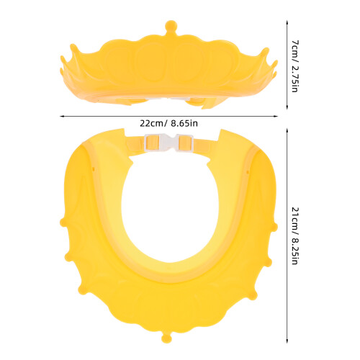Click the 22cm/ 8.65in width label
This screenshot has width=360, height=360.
[x=168, y=124]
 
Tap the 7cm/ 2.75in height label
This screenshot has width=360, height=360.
[x=294, y=66]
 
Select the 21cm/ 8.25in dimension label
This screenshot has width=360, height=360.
[x=294, y=235]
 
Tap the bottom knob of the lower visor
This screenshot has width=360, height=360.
[x=167, y=337]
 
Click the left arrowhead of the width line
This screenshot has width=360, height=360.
[x=62, y=117]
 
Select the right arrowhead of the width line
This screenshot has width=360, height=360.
[x=275, y=117]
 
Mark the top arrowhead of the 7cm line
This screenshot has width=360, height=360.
[x=287, y=23]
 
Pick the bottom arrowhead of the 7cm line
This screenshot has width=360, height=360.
[x=287, y=107]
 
